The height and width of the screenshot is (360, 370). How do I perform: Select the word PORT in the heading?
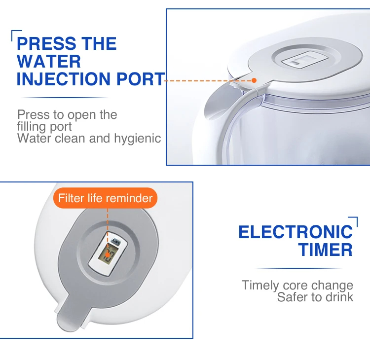pos(141,79)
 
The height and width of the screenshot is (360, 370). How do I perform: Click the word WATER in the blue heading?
pos(49,61)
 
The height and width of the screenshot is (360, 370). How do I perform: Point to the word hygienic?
pos(138,139)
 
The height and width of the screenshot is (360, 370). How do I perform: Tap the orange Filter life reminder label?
pos(105,198)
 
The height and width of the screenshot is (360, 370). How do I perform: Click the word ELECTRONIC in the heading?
pos(296,232)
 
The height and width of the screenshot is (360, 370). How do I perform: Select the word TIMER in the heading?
pos(326,250)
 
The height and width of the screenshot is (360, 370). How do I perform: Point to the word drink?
pos(339,297)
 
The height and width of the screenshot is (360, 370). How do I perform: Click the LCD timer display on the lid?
pos(108,255)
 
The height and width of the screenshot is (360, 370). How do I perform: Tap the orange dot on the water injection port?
pos(254,80)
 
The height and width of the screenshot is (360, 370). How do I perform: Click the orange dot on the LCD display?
pos(108,255)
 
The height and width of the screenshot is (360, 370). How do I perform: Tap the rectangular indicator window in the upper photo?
pos(304,60)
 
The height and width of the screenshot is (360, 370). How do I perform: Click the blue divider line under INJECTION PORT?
pos(64,98)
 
